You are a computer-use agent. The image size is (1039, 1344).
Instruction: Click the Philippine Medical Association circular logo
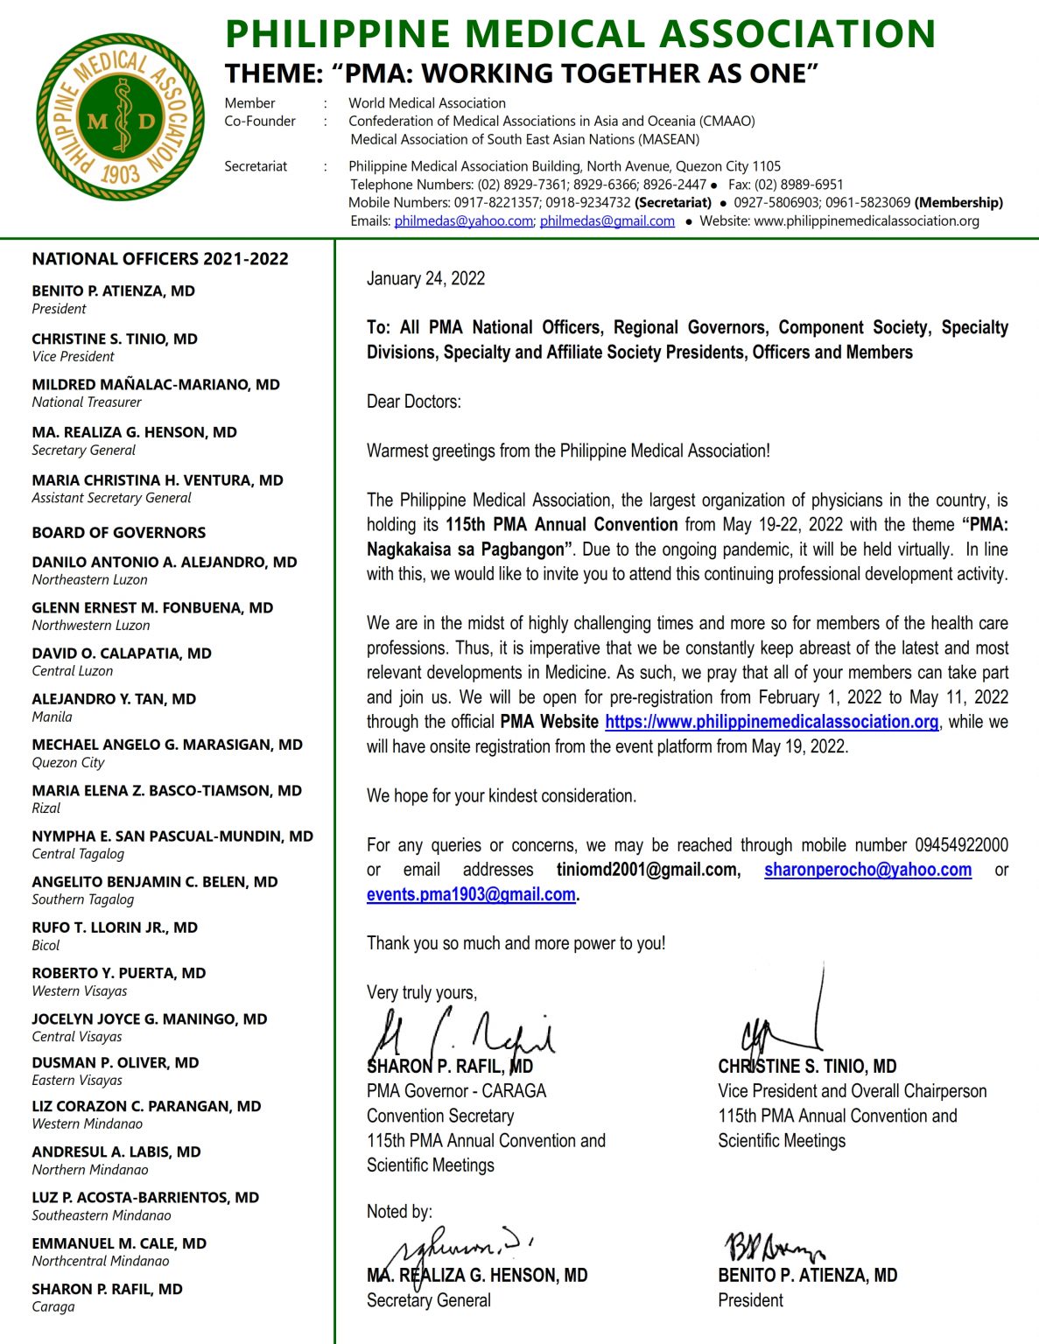click(x=120, y=117)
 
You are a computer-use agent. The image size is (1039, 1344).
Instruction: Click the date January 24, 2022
click(x=425, y=278)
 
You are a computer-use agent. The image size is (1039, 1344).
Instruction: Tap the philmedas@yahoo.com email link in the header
click(x=463, y=221)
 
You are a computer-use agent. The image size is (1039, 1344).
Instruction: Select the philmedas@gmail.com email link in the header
click(x=607, y=221)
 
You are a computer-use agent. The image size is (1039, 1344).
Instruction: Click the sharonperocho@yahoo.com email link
click(x=867, y=870)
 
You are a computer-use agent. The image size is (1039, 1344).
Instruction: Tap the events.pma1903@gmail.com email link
click(x=471, y=894)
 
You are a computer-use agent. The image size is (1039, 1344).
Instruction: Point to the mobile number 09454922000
click(x=961, y=845)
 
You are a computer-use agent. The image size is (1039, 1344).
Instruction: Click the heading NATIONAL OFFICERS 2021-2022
click(x=160, y=259)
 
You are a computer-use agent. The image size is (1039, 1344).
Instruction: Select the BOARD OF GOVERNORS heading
click(x=119, y=533)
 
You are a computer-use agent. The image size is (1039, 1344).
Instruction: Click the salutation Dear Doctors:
click(x=413, y=402)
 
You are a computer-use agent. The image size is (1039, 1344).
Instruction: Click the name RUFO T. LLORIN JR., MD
click(x=115, y=927)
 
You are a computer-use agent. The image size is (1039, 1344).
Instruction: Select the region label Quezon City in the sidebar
click(x=68, y=762)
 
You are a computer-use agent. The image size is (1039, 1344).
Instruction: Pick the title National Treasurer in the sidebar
click(x=87, y=402)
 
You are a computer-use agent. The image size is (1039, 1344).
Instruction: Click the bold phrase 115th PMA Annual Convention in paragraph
click(x=561, y=525)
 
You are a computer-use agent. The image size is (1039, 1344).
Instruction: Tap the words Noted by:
click(x=399, y=1211)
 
